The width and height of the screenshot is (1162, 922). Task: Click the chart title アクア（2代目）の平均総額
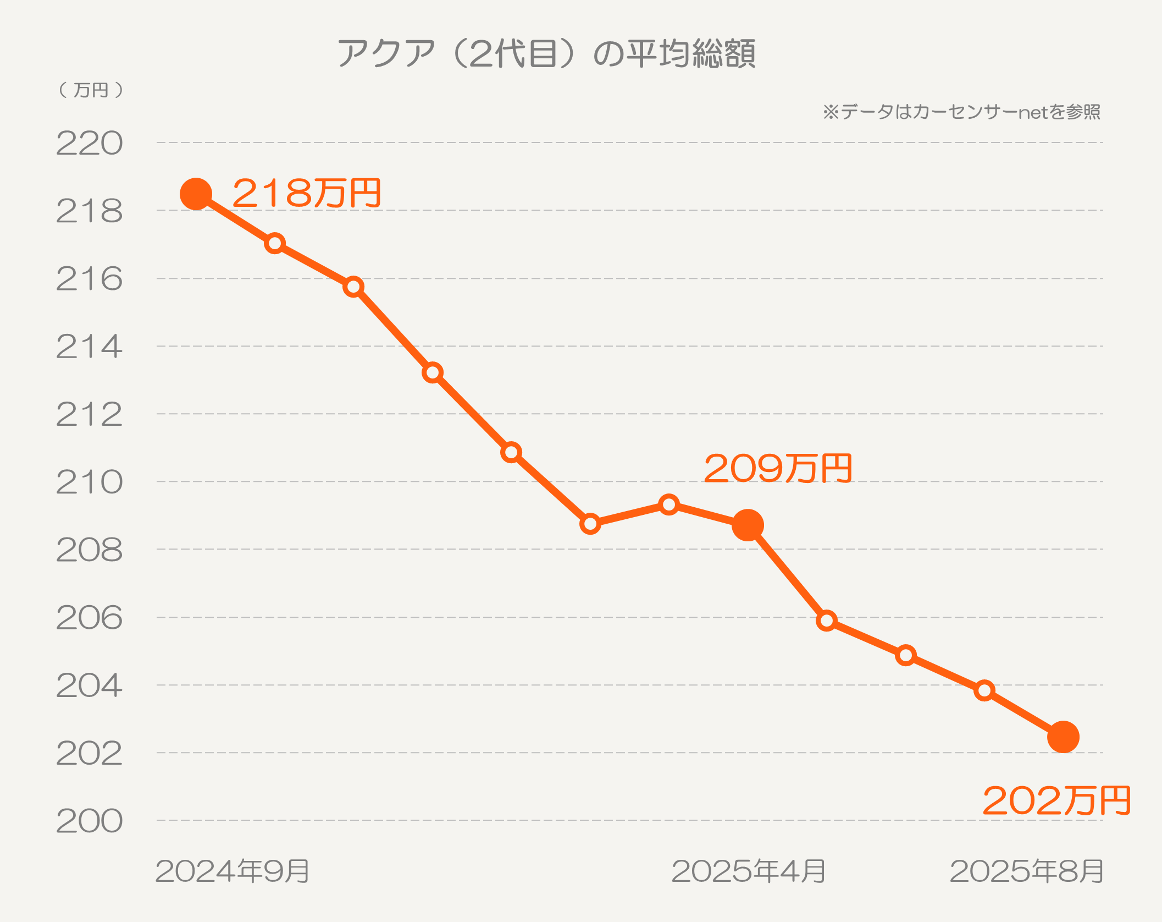click(546, 53)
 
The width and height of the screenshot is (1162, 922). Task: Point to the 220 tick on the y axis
click(89, 144)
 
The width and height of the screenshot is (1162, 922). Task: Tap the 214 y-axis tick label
click(89, 347)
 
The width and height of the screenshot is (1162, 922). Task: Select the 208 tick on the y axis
click(89, 550)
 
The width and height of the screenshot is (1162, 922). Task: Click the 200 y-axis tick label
click(89, 821)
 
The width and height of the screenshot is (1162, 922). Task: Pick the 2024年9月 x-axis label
click(233, 871)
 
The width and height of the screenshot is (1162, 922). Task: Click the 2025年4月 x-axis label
click(748, 871)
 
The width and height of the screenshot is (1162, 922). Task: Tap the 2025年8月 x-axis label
click(1026, 871)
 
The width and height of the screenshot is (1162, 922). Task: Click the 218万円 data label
click(307, 193)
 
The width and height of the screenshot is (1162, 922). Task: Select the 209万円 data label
click(778, 468)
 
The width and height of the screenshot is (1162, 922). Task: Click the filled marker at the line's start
click(196, 194)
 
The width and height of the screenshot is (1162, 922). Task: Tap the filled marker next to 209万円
click(748, 525)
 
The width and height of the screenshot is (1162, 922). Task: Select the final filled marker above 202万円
click(1063, 737)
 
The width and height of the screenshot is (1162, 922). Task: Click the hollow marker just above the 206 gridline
click(827, 621)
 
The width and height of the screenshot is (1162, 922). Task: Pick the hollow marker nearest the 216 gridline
click(353, 287)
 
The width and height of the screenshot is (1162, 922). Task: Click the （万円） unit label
click(91, 90)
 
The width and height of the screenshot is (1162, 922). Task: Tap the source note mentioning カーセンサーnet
click(961, 112)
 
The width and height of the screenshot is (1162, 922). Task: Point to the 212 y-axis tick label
click(89, 415)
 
